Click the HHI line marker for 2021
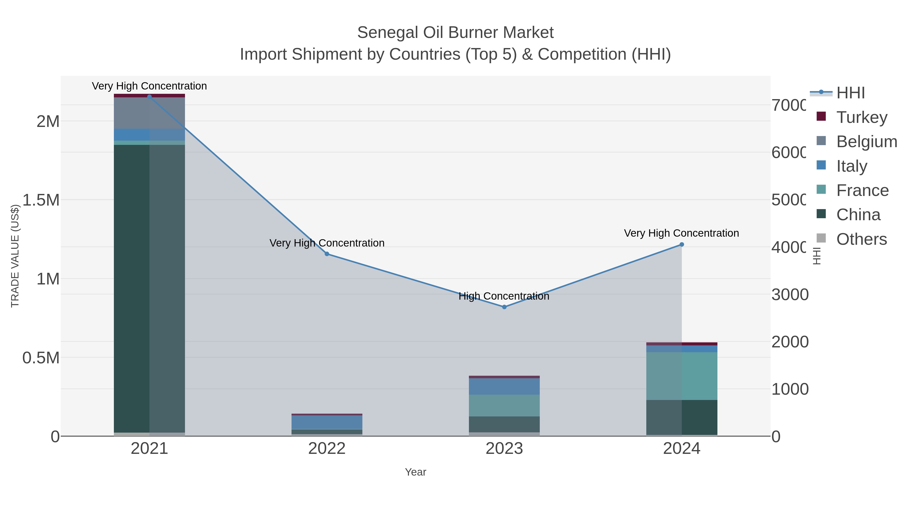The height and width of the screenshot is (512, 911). (x=149, y=97)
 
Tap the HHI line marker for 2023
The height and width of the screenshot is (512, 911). (x=504, y=307)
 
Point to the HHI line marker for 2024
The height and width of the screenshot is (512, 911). (x=682, y=244)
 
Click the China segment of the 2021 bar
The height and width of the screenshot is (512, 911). (x=149, y=288)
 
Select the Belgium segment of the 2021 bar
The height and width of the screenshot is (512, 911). (x=149, y=113)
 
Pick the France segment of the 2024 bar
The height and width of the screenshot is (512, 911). (x=682, y=376)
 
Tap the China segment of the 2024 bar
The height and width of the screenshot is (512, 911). (x=682, y=417)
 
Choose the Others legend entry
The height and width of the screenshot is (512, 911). (x=861, y=239)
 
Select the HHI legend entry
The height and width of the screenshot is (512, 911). (x=850, y=93)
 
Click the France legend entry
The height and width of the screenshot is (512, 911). (x=862, y=190)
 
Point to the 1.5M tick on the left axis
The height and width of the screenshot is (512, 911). (x=41, y=200)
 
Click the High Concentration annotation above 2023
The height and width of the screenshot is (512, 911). (x=504, y=296)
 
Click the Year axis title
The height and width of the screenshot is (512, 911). (x=416, y=472)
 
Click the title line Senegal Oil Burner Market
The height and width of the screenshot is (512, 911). (x=455, y=33)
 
